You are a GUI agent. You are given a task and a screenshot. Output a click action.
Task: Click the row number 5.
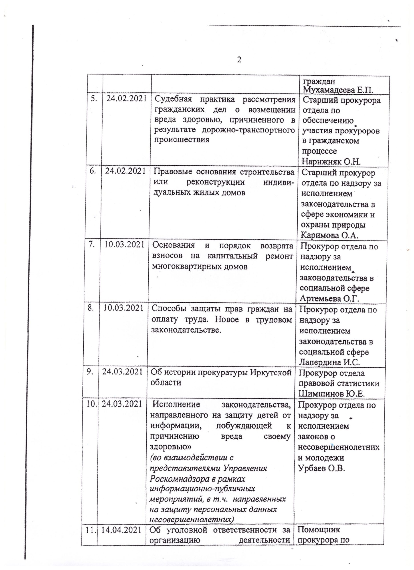pyautogui.click(x=94, y=99)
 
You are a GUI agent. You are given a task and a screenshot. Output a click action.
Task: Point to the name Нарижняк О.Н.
pyautogui.click(x=331, y=161)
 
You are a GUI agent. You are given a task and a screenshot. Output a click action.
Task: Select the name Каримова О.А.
pyautogui.click(x=329, y=235)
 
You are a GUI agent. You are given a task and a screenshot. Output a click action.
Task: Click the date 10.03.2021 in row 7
pyautogui.click(x=124, y=244)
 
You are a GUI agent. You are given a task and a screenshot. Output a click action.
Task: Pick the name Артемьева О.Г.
pyautogui.click(x=329, y=299)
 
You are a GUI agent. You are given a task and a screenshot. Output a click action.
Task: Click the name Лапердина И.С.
pyautogui.click(x=329, y=362)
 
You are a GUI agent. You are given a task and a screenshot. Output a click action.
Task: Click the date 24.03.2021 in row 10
pyautogui.click(x=122, y=404)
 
